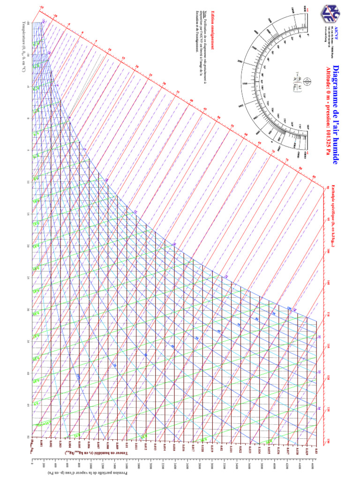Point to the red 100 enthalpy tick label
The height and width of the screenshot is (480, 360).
(329, 250)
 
